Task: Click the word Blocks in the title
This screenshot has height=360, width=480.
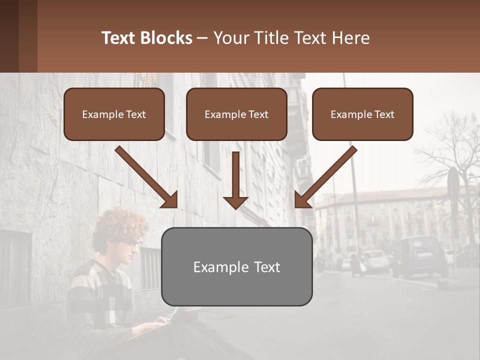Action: (x=167, y=38)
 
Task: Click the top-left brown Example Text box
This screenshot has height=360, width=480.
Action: (x=114, y=114)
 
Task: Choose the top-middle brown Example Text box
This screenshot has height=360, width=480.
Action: (x=236, y=114)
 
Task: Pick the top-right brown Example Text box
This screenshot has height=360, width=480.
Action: (x=362, y=114)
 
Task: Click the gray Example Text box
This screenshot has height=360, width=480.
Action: (x=236, y=267)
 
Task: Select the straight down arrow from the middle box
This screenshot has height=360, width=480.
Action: (x=235, y=180)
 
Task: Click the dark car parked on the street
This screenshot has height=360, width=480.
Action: (x=419, y=256)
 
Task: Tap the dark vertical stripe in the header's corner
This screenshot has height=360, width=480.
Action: (x=9, y=36)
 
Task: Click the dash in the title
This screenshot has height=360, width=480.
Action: (x=202, y=38)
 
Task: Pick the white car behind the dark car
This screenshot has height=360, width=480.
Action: (x=375, y=260)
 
